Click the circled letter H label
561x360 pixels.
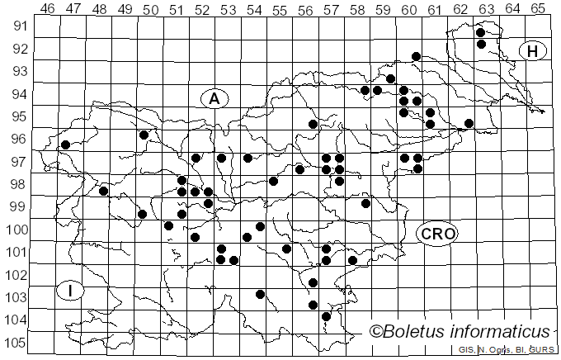(x=533, y=51)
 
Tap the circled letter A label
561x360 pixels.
(x=214, y=98)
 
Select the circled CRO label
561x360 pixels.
(x=437, y=234)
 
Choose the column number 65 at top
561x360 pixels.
(x=537, y=9)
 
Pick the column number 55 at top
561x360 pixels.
(x=280, y=9)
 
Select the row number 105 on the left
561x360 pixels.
(x=16, y=343)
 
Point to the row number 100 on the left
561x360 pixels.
(x=16, y=230)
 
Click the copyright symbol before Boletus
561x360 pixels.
(x=376, y=332)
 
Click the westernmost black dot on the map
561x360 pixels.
(x=65, y=144)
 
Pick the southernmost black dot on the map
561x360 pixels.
(x=326, y=316)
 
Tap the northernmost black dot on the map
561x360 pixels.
(x=481, y=32)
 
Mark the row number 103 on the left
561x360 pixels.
(x=16, y=297)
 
